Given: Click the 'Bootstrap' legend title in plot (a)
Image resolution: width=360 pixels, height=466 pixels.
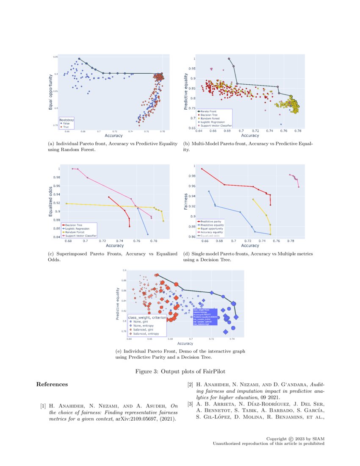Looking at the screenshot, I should click(65, 119).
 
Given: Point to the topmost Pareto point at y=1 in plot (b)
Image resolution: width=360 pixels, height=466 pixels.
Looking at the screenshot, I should click(229, 59).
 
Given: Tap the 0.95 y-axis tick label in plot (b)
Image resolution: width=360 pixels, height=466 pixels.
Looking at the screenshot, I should click(192, 68).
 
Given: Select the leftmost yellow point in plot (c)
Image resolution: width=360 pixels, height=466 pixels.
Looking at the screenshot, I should click(66, 204).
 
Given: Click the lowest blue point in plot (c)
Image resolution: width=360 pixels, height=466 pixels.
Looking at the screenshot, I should click(147, 234).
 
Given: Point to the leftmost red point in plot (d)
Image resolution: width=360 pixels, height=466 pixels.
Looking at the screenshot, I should click(202, 169).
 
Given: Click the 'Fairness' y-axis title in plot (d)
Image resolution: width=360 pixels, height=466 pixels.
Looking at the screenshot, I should click(186, 202).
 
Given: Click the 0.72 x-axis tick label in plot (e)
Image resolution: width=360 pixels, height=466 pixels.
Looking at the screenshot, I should click(211, 339).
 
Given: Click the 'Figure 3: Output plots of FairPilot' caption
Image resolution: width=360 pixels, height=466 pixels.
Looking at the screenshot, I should click(180, 370).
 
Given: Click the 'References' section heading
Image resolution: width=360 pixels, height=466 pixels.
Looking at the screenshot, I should click(52, 385).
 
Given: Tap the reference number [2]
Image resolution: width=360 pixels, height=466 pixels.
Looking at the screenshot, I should click(190, 385).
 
